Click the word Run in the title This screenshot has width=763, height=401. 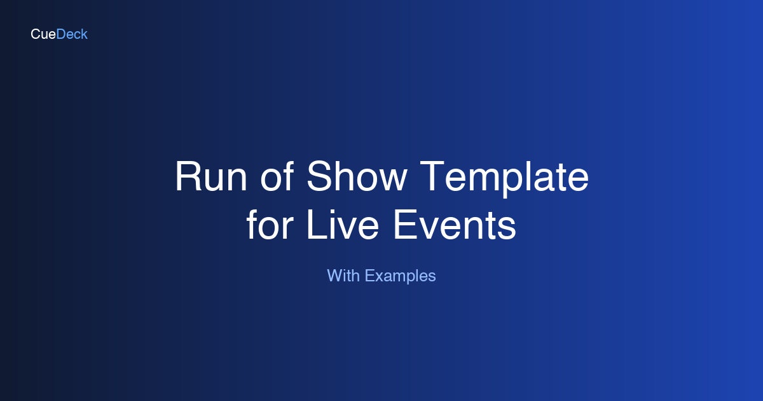point(212,177)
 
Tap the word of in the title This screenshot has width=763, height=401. point(277,177)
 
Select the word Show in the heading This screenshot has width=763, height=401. point(356,177)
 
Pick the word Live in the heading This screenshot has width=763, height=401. point(343,225)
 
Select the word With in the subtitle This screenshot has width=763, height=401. point(343,276)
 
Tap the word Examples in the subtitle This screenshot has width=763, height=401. point(401,276)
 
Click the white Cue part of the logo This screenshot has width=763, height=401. point(43,34)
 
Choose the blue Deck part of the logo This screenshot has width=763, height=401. point(72,34)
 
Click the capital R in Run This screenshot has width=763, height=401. point(188,177)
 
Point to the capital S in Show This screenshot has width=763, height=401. point(319,177)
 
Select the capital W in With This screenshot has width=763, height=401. point(334,276)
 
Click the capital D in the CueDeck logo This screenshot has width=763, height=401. point(61,34)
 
